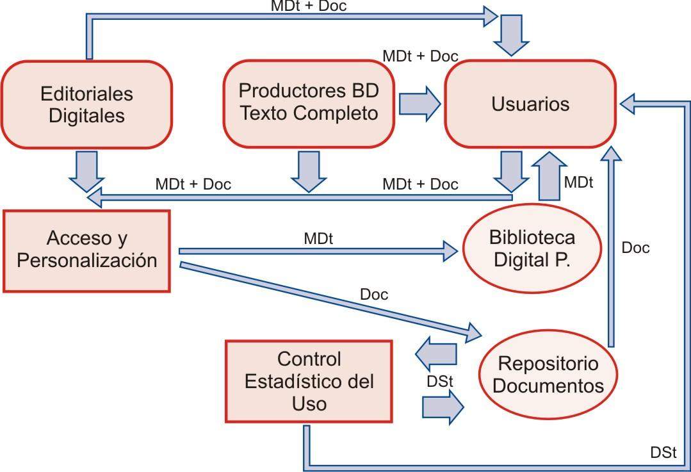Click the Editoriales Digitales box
coord(86,104)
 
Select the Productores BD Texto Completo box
coord(309,102)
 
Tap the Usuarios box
coord(530,104)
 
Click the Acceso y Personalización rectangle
coord(87,250)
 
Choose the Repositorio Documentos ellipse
coord(549,375)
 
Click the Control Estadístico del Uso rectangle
coord(309,381)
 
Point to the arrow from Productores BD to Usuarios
coord(420,102)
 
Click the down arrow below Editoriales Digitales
coord(86,170)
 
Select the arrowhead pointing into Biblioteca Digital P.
coord(452,250)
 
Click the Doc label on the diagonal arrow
coord(374,295)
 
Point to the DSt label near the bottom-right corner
coord(663,452)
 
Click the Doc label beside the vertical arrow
coord(635,248)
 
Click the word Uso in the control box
coord(309,404)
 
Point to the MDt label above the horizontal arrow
coord(318,238)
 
